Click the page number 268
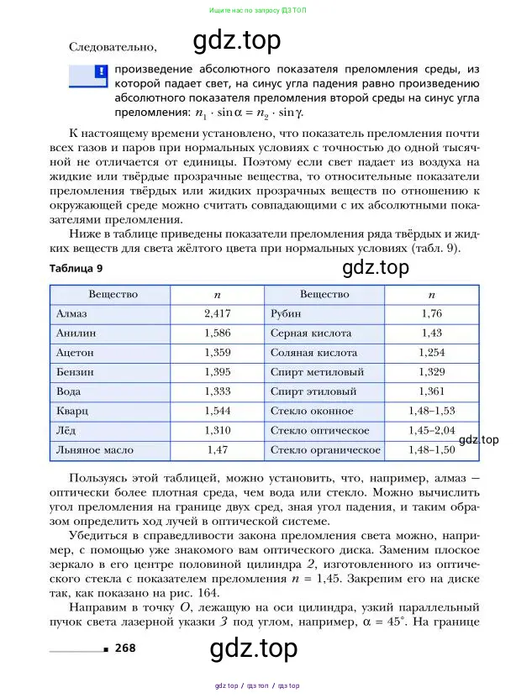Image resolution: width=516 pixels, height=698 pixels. click(126, 647)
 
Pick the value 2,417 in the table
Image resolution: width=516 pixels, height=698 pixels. click(217, 313)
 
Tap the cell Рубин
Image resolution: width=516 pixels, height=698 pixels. click(286, 313)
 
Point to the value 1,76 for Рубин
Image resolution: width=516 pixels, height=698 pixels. click(431, 313)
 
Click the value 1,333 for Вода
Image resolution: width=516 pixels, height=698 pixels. click(217, 391)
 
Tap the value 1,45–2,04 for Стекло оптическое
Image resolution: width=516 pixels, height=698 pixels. click(431, 431)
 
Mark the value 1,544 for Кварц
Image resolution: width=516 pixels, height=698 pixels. click(217, 412)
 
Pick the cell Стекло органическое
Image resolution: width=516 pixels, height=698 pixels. click(325, 450)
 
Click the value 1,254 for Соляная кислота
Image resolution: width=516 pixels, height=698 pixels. click(431, 353)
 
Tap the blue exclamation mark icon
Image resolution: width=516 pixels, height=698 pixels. click(100, 72)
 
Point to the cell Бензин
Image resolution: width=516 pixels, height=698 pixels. click(75, 372)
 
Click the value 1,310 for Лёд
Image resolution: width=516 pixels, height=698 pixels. click(217, 431)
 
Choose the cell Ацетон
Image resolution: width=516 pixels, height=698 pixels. click(75, 353)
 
